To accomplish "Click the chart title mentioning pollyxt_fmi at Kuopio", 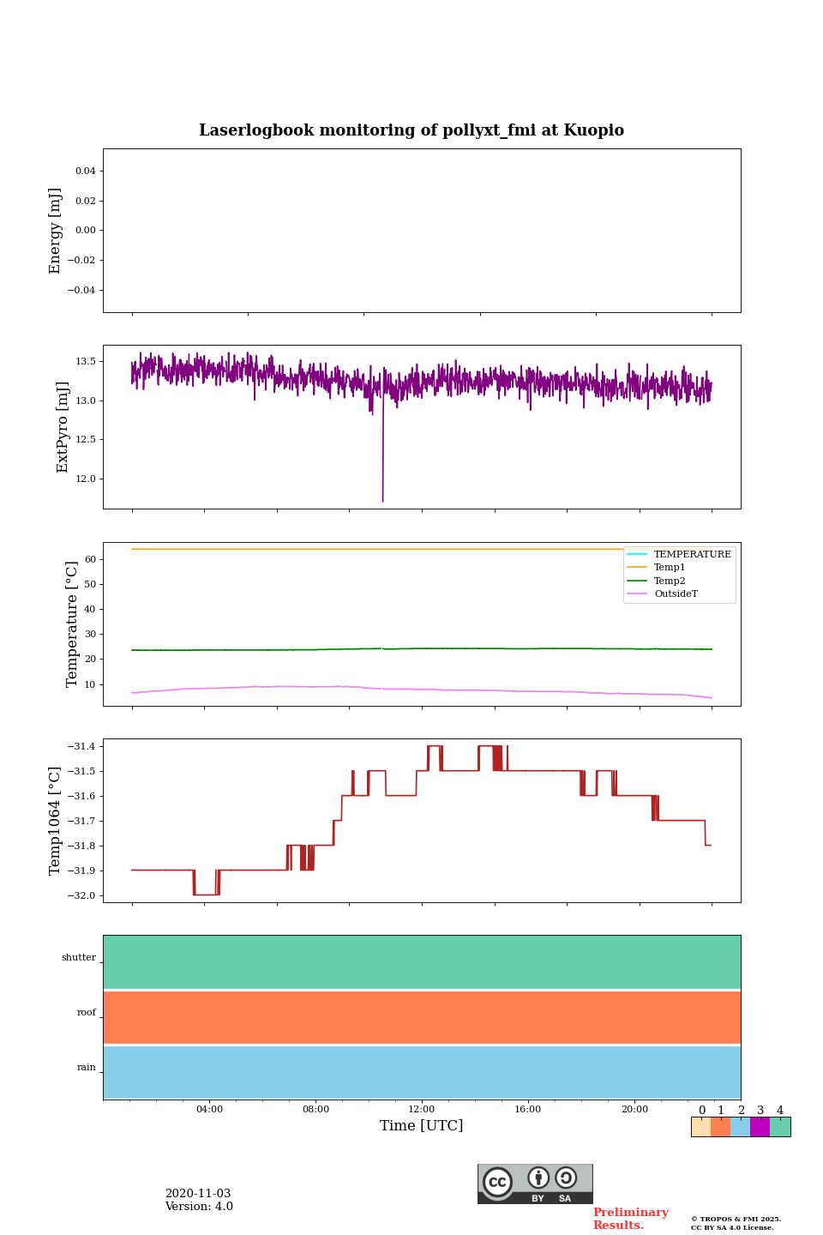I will coord(411,130).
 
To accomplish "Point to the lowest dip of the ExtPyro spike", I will coord(382,501).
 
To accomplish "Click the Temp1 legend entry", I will coord(670,568).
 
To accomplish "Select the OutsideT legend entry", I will coord(676,593).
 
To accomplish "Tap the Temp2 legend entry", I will coord(670,581).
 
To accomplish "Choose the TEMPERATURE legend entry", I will coord(692,554).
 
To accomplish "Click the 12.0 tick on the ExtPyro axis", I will coord(86,479).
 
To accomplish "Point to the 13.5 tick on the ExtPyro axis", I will coord(86,361).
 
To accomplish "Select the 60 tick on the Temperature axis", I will coord(90,559).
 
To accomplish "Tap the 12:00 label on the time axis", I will coord(422,1109).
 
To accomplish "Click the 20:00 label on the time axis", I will coord(634,1109).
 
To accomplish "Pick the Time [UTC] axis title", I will coord(422,1125).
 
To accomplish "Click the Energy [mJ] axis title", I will coord(56,230).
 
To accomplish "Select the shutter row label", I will coord(79,957).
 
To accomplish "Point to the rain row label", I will coord(87,1067).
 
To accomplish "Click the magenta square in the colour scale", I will coord(760,1127).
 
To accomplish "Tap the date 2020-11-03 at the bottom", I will coord(198,1193).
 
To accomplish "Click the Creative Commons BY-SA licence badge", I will coord(535,1184).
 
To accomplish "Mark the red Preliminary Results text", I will coord(630,1218).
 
